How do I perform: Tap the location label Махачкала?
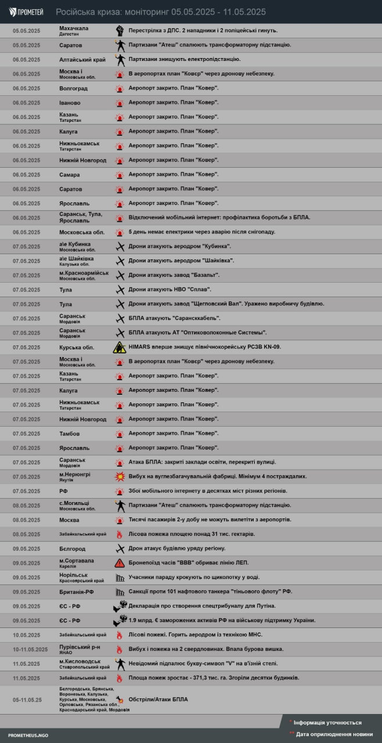coord(74,28)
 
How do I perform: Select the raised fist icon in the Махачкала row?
coord(120,30)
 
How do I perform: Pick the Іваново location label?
coord(70,103)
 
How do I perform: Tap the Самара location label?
coord(70,175)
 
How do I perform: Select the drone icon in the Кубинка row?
coord(120,246)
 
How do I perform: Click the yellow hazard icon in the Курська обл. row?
coord(120,347)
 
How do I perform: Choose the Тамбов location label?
coord(70,434)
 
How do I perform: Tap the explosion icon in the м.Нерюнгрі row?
coord(120,477)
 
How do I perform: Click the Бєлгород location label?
coord(73,549)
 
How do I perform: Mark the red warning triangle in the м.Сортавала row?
coord(120,563)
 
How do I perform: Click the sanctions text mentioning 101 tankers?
coord(210,591)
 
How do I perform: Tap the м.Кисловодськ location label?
coord(80,661)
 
